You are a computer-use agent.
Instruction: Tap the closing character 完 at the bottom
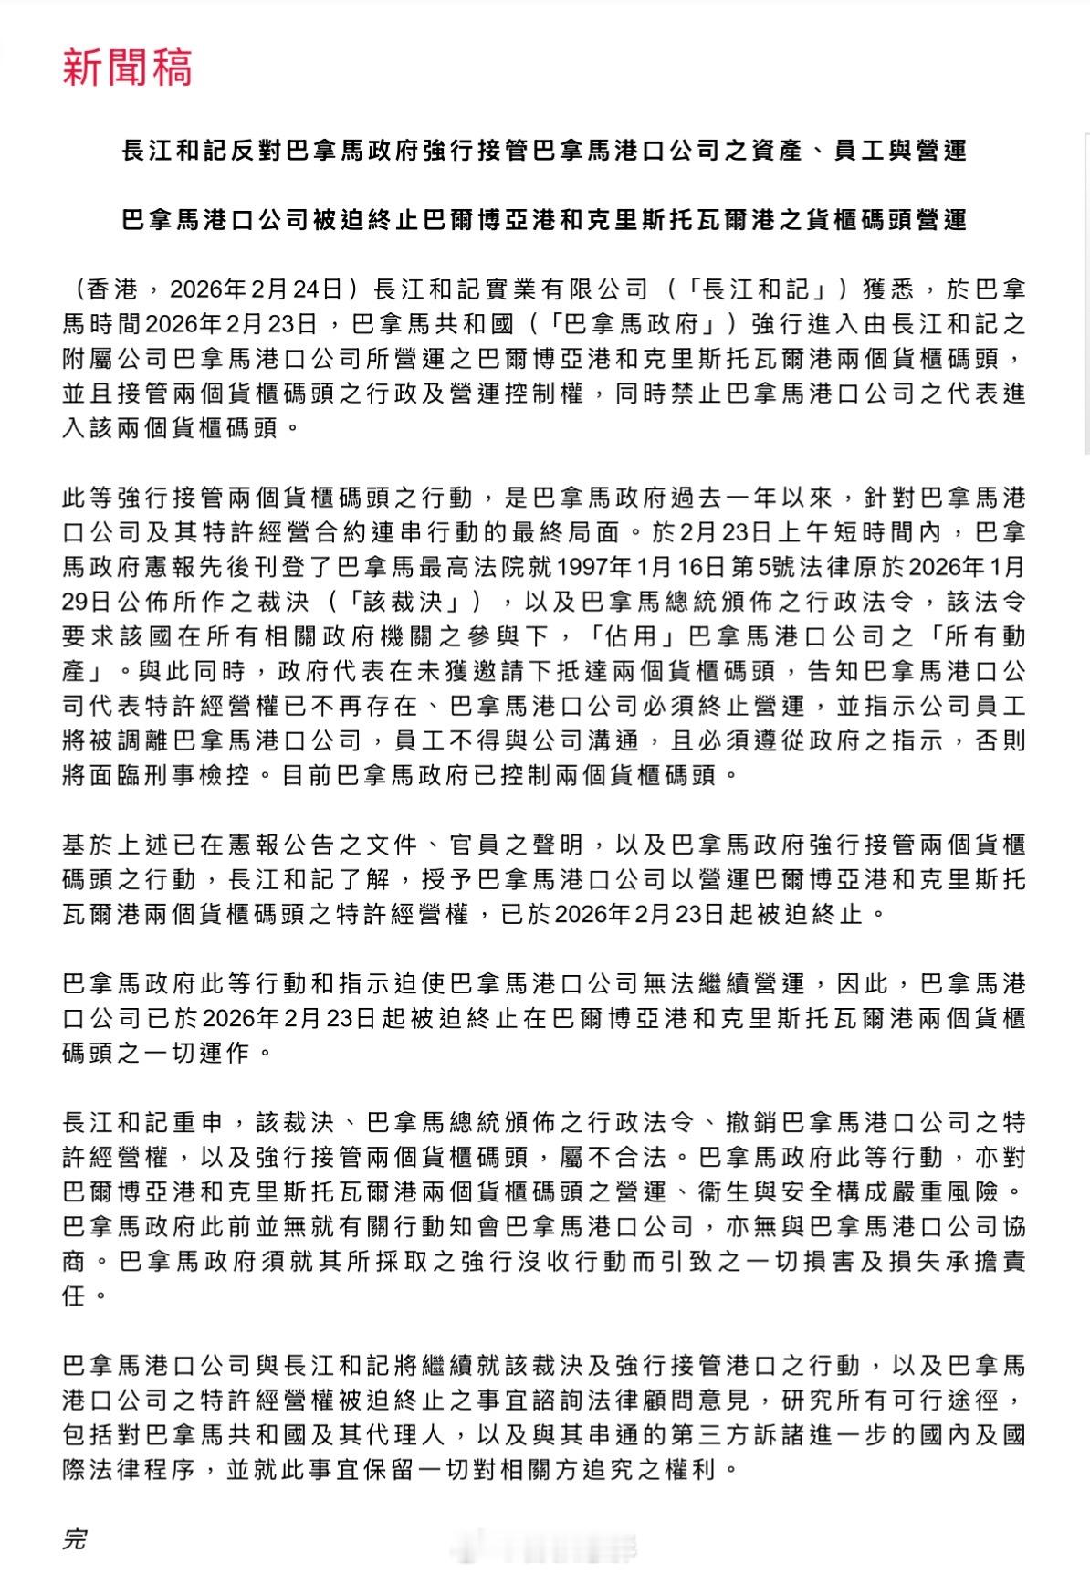(74, 1537)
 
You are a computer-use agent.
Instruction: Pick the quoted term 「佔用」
(634, 636)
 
